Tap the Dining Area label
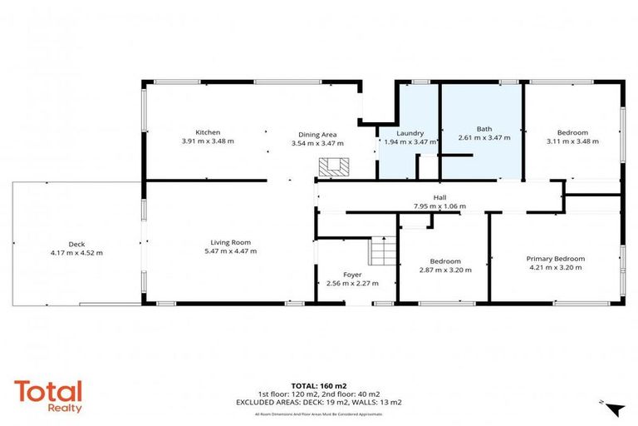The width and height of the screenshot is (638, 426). point(317,134)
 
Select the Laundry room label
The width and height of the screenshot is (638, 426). point(410,133)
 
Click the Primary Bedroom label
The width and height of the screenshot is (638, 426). point(556,259)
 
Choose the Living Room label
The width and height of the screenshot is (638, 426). point(230,242)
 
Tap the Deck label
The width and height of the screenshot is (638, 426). point(76,244)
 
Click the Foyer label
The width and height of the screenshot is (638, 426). point(352,275)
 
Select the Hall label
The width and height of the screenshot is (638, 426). point(439,197)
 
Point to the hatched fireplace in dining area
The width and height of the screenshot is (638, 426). point(334,166)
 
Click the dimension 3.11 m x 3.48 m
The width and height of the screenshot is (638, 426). point(572,142)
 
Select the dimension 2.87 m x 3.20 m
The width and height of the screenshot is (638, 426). point(444,270)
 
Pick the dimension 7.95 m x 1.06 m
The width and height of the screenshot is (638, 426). point(439,206)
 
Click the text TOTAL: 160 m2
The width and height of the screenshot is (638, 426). point(319,385)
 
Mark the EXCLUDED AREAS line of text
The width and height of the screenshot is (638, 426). point(319,402)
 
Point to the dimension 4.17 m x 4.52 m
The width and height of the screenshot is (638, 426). point(76,253)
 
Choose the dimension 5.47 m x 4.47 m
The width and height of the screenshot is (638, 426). point(230,251)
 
